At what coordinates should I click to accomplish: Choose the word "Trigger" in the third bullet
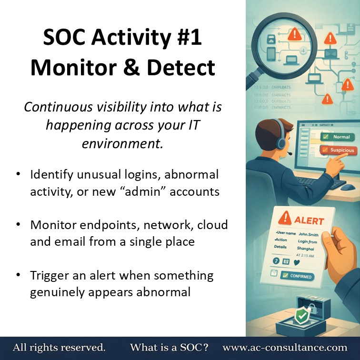51,275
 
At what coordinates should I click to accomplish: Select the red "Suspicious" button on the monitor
340,150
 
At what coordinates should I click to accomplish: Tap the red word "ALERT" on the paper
309,221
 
